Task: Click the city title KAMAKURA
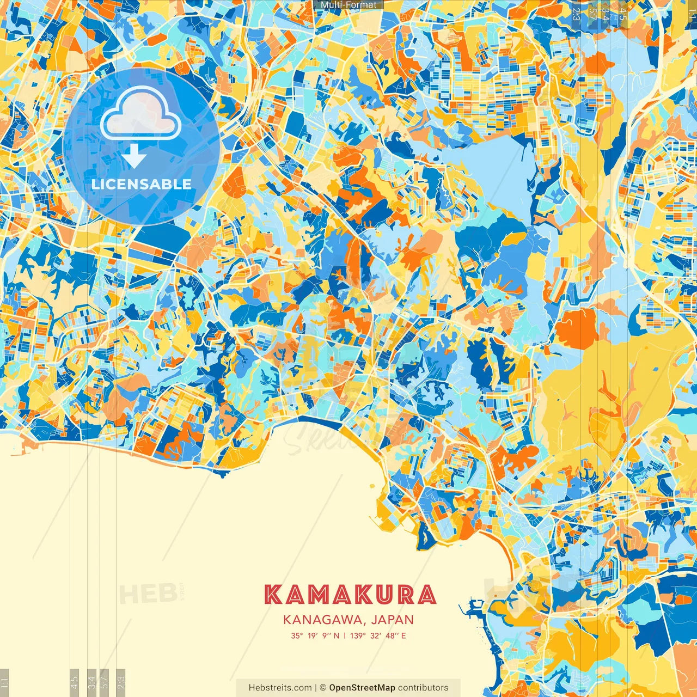(350, 595)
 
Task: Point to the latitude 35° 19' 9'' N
(315, 635)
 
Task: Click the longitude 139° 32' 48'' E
(378, 635)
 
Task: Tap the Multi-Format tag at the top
(348, 5)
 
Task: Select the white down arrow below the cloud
(134, 157)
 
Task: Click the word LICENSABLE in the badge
(142, 184)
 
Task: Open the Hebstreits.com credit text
(280, 688)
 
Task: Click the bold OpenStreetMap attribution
(362, 688)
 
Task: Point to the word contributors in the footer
(423, 688)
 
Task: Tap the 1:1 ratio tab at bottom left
(4, 683)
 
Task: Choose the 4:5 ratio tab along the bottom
(75, 683)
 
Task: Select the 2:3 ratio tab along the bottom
(121, 683)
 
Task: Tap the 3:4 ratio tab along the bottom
(91, 683)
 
